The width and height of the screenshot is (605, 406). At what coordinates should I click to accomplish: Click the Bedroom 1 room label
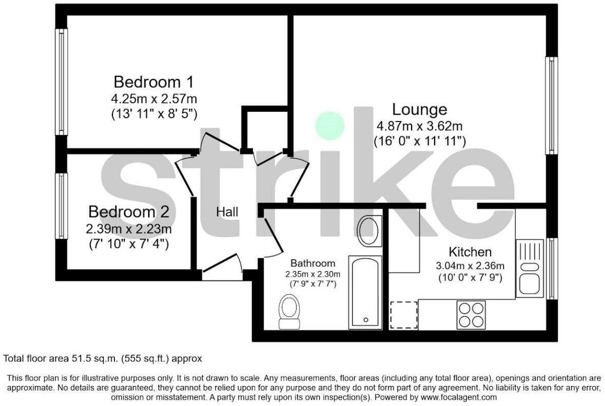click(153, 82)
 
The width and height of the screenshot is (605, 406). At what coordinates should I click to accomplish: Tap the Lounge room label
click(419, 109)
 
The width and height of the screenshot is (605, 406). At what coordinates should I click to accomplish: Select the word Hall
click(227, 212)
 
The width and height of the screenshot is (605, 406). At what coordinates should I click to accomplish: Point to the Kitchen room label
click(470, 252)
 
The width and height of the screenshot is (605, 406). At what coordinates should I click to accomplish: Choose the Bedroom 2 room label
click(128, 212)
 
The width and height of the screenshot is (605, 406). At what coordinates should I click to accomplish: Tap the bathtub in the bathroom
click(365, 292)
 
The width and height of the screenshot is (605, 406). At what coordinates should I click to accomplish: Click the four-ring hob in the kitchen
click(471, 314)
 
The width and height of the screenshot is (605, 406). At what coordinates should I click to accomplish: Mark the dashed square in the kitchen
click(404, 314)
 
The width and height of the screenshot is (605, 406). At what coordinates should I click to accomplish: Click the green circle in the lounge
click(329, 125)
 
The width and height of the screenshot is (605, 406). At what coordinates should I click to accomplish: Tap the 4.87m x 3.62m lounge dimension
click(420, 125)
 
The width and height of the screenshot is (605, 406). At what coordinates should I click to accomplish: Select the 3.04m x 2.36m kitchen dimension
click(470, 266)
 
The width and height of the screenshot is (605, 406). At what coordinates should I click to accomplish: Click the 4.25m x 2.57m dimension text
click(153, 97)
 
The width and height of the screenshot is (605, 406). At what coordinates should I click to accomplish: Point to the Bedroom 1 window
click(62, 82)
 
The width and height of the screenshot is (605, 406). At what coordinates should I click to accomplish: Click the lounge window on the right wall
click(551, 105)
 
